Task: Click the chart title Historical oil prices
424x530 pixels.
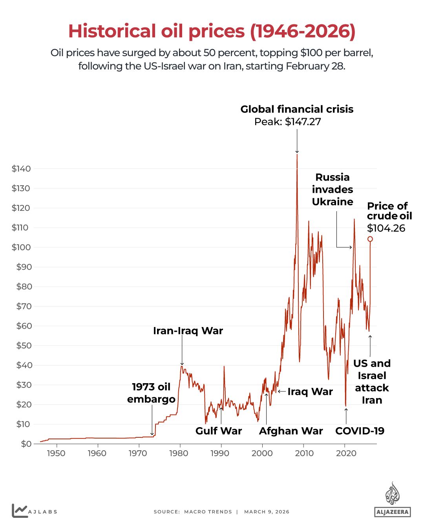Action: (212, 31)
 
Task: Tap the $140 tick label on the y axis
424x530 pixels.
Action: (21, 169)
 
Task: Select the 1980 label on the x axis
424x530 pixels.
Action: (179, 453)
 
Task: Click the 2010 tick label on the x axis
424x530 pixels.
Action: (304, 453)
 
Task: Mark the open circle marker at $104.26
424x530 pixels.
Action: (370, 239)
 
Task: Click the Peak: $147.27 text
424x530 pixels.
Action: (287, 122)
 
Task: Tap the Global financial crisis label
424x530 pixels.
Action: (297, 109)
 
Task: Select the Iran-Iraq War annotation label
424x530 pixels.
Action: (188, 331)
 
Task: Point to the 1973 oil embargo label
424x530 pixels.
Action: (151, 393)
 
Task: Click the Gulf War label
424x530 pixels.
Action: (219, 431)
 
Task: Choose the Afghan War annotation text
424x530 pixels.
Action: (291, 431)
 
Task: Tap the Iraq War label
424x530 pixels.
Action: (310, 392)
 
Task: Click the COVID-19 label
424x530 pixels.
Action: (360, 431)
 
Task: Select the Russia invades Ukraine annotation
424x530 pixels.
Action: (333, 189)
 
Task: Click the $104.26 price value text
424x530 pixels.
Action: (386, 228)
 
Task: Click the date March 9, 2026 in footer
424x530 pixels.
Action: (267, 512)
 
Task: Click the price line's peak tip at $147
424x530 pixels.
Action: (297, 155)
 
